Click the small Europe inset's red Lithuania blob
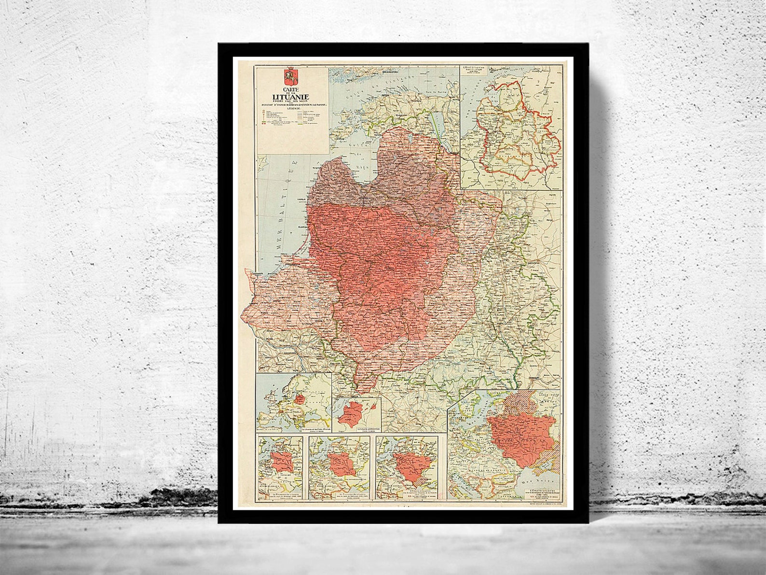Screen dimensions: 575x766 pos(300,399)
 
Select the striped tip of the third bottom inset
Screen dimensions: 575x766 pos(414,482)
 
